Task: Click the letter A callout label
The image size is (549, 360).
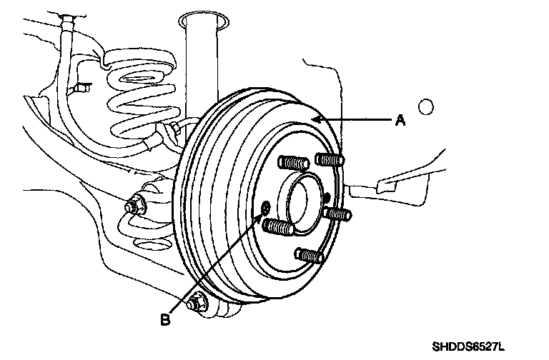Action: [401, 121]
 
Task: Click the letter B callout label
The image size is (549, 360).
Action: [165, 320]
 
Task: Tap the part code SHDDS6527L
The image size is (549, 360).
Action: [468, 347]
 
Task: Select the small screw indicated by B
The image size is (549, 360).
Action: [266, 207]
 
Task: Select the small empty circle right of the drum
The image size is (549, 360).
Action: [426, 108]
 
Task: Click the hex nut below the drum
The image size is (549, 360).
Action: [197, 304]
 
